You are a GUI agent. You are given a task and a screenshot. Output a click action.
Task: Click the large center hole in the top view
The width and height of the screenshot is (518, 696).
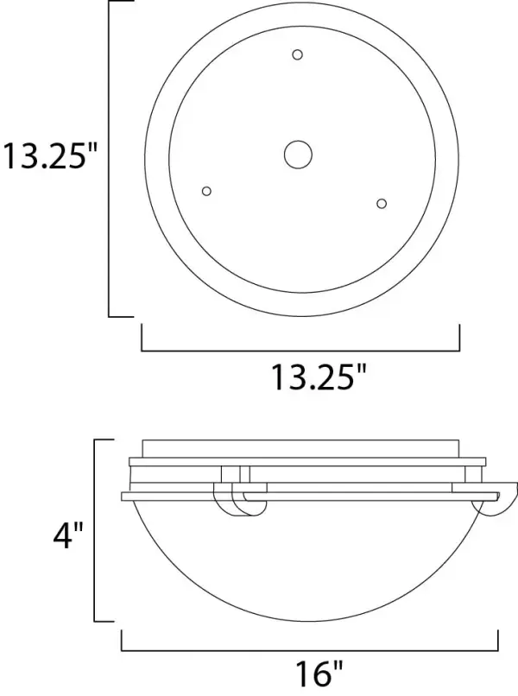tap(298, 155)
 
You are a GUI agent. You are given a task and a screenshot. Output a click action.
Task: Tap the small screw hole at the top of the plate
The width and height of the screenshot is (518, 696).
tap(297, 54)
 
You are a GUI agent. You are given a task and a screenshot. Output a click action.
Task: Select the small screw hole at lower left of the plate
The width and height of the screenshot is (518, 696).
tap(206, 191)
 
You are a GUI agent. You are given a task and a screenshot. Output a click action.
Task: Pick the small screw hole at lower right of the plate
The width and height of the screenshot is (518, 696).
tap(382, 203)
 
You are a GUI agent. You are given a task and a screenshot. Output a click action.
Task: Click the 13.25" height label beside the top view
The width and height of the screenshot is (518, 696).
tap(49, 155)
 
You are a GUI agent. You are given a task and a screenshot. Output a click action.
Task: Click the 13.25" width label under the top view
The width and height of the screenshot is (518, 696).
tap(318, 376)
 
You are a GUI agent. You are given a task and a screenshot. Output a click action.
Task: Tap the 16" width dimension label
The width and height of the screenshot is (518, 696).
tap(319, 673)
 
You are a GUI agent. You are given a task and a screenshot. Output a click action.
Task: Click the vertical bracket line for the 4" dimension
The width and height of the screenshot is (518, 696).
tap(95, 530)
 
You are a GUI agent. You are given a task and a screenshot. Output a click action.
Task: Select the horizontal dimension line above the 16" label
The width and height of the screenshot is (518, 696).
tap(310, 651)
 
